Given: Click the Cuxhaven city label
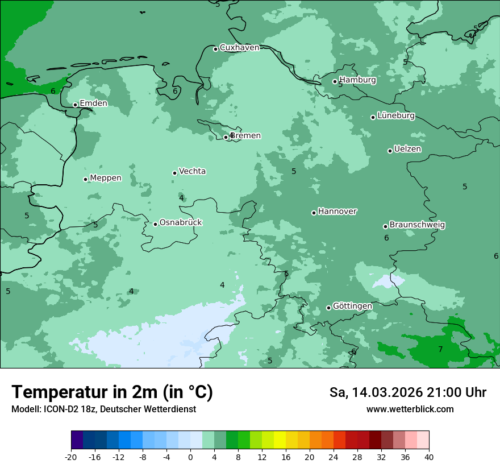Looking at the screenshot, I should coord(239,48).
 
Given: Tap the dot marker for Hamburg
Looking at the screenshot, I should coord(335,81).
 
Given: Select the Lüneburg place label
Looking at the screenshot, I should coord(396,116).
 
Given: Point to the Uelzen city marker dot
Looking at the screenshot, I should coord(390,151).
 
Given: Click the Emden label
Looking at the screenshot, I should coord(93,103).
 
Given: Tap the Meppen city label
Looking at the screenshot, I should coord(106,178).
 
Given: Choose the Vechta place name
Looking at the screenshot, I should coord(192,171).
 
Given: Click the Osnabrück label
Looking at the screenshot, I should coord(181,223).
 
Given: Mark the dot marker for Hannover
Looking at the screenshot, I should coord(314,213).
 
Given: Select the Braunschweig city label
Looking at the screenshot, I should coord(417,225).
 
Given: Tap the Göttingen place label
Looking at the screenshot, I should coord(352,307).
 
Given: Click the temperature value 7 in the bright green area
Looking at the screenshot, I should coord(440,350).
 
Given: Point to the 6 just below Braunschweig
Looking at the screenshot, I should coord(386,238).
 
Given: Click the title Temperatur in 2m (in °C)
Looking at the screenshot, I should coord(112,392).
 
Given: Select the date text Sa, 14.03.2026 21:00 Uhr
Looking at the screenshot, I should coord(408,392).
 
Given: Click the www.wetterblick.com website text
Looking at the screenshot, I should coord(410,409).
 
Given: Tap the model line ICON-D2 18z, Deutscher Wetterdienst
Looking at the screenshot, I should coord(103,409).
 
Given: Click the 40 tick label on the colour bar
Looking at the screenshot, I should coord(429,457).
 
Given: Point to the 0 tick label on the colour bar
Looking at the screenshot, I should coord(190,457).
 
